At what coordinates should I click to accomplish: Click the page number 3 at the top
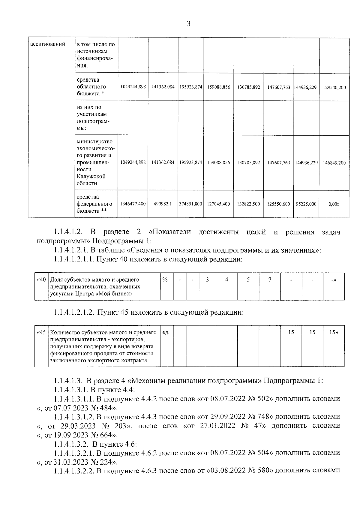pyautogui.click(x=188, y=24)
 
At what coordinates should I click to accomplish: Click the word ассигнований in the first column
pyautogui.click(x=48, y=44)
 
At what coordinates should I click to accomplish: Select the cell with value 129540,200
pyautogui.click(x=334, y=88)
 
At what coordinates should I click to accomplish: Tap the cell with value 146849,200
pyautogui.click(x=334, y=163)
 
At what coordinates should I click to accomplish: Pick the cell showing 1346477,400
pyautogui.click(x=133, y=204)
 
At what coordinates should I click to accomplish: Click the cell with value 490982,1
pyautogui.click(x=163, y=204)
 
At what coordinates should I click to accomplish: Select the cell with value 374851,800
pyautogui.click(x=190, y=204)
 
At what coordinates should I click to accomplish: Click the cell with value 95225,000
pyautogui.click(x=306, y=204)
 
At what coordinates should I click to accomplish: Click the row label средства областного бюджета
pyautogui.click(x=91, y=87)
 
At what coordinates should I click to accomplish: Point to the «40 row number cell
pyautogui.click(x=41, y=280)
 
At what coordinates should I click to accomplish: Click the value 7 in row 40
pyautogui.click(x=270, y=280)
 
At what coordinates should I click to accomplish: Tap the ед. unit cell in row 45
pyautogui.click(x=166, y=333)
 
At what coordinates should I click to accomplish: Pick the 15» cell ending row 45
pyautogui.click(x=333, y=332)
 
